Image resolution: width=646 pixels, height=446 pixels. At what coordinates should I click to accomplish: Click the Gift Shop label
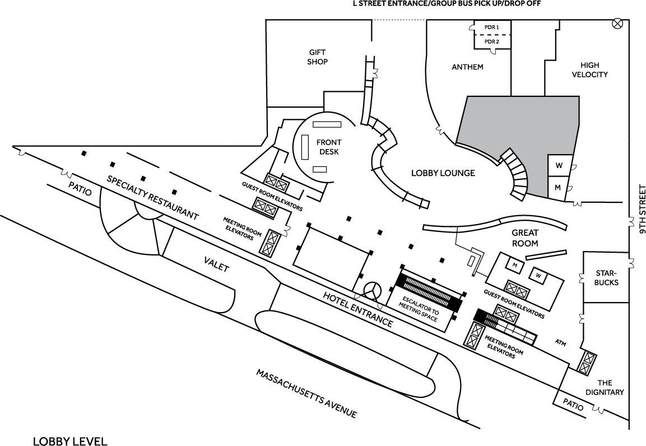point(317,57)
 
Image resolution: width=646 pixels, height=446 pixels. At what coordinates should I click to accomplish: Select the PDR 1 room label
point(491,27)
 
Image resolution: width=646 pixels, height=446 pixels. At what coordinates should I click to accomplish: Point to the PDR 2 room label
point(491,41)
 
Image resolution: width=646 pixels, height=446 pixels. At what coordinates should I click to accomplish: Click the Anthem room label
point(467,67)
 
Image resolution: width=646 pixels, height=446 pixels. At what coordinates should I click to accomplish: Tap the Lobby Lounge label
point(442,173)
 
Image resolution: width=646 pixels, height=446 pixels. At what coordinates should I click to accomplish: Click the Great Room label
point(525,238)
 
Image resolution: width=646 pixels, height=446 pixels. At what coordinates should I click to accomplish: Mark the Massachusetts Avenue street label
point(306,393)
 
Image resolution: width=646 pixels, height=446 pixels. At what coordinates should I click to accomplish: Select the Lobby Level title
point(69,441)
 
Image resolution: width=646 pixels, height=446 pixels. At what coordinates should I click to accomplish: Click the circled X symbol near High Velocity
point(618,23)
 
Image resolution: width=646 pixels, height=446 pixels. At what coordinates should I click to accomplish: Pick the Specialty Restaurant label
point(153,197)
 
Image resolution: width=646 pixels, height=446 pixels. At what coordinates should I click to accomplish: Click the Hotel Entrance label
point(357,309)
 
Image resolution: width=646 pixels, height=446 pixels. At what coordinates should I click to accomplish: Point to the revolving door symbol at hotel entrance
point(371,290)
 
